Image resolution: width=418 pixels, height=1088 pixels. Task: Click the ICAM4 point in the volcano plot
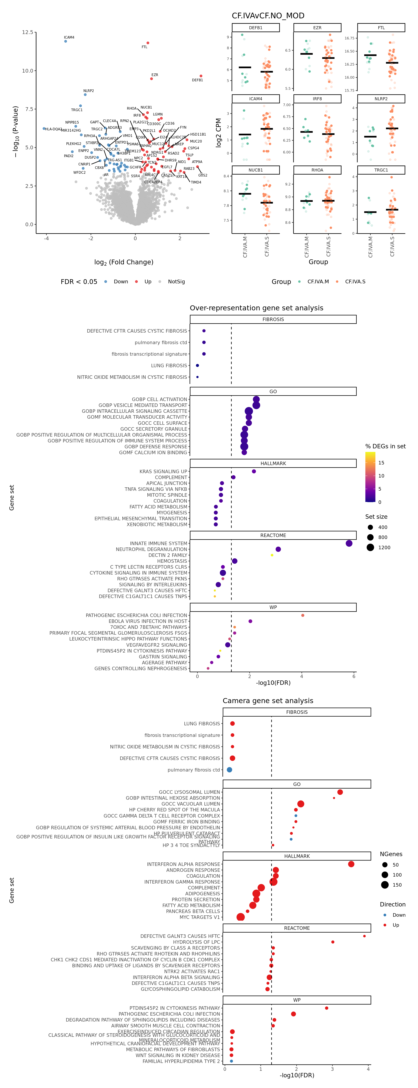[x=65, y=41]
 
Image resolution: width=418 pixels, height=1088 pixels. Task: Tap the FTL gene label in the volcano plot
[x=144, y=47]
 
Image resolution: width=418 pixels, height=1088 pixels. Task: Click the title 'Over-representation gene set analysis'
[x=256, y=308]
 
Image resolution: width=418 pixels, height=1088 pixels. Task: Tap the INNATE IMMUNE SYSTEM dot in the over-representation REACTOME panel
[x=349, y=543]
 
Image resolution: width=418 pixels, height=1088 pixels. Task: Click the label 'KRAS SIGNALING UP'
[x=163, y=471]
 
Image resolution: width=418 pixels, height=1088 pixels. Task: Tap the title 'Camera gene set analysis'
[x=268, y=701]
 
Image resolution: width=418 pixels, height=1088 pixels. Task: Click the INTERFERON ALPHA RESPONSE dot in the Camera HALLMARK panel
[x=351, y=864]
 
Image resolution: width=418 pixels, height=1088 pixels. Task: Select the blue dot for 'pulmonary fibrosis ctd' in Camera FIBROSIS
[x=229, y=770]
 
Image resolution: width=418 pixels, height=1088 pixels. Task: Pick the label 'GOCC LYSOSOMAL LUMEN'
[x=189, y=792]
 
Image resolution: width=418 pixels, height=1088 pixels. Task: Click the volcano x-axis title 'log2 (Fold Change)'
[x=124, y=262]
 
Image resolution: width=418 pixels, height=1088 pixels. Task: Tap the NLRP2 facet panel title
[x=381, y=99]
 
